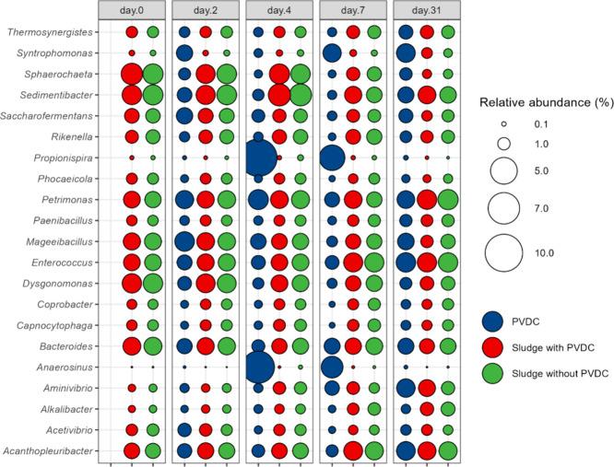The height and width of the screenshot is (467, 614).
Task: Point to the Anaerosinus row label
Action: [x=70, y=367]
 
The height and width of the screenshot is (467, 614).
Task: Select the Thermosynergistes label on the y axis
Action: [x=53, y=31]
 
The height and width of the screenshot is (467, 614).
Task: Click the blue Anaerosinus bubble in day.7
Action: [x=332, y=367]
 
